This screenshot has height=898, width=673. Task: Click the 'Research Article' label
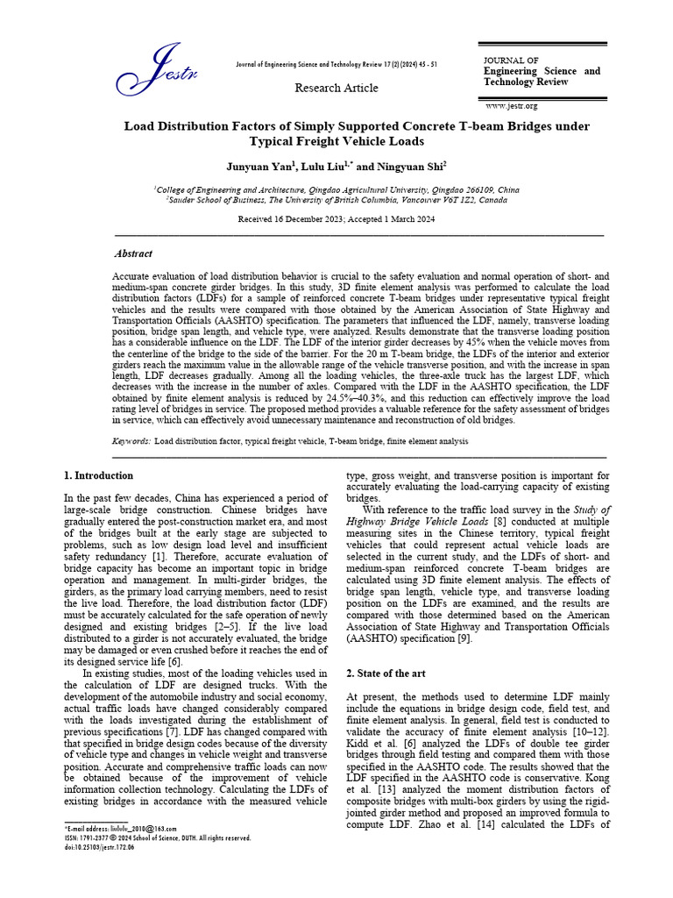[x=336, y=88]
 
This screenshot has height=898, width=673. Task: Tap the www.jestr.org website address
[x=511, y=106]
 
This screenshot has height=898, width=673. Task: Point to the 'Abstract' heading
[x=133, y=253]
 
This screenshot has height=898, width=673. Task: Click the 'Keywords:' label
[x=132, y=441]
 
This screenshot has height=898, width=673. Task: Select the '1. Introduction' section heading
[x=99, y=475]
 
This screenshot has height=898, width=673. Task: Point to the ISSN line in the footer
[x=158, y=838]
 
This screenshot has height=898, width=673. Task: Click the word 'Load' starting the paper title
[x=140, y=126]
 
